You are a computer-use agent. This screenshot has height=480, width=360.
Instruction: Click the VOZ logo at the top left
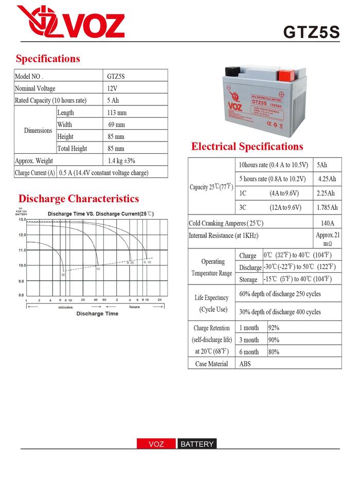pos(70,22)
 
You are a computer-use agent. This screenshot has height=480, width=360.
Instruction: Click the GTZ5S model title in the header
pos(311,32)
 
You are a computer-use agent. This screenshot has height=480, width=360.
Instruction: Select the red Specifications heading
pos(48,59)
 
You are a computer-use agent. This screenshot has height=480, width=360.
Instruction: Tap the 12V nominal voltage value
pos(112,88)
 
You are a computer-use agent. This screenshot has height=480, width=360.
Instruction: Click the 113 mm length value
pos(117,112)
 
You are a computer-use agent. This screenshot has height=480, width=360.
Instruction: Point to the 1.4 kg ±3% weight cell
pos(121,161)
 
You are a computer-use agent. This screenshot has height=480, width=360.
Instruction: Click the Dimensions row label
pos(38,130)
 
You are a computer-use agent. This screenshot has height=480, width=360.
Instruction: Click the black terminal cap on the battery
pos(233,72)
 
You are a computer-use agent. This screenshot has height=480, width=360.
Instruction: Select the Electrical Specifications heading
pos(247,147)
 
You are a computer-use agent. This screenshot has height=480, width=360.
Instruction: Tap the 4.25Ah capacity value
pos(327,179)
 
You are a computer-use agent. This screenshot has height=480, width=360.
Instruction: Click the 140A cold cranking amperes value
pos(327,223)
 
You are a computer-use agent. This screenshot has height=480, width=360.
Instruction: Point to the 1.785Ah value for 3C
pos(327,207)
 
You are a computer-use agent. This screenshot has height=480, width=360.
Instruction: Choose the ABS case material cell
pos(245,364)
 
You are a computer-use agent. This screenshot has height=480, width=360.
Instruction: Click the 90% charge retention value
pos(274,340)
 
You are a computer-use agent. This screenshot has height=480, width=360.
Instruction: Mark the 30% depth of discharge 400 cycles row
pos(280,312)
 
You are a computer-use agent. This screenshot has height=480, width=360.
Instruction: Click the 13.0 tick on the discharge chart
pos(22,220)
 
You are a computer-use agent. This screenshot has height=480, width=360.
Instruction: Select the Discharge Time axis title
pos(97,314)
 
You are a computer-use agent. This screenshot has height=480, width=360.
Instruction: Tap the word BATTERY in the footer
pos(197,444)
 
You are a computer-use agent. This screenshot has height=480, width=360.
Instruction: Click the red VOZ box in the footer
pos(156,444)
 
